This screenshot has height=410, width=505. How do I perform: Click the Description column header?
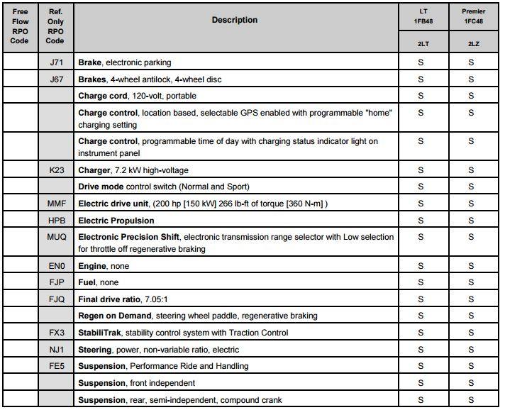[x=234, y=20]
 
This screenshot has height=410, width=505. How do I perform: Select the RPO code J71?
[x=56, y=63]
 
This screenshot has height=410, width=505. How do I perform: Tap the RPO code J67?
[x=56, y=79]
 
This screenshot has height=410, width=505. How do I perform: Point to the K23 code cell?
[x=56, y=170]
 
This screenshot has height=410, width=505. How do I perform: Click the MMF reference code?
[x=56, y=204]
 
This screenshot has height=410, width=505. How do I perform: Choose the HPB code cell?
[x=56, y=221]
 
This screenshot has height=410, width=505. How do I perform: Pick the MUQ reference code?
[x=56, y=237]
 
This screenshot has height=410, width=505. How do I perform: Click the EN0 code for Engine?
[x=56, y=266]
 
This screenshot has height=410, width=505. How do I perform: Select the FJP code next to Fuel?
[x=56, y=282]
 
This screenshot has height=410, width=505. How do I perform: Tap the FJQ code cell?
[x=56, y=299]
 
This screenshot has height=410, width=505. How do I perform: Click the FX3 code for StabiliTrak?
[x=56, y=333]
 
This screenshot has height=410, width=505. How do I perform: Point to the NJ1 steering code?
[x=56, y=350]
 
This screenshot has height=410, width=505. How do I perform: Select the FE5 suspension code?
[x=56, y=366]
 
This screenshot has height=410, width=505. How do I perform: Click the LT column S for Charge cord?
[x=421, y=96]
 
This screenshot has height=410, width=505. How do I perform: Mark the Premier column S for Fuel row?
[x=472, y=282]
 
